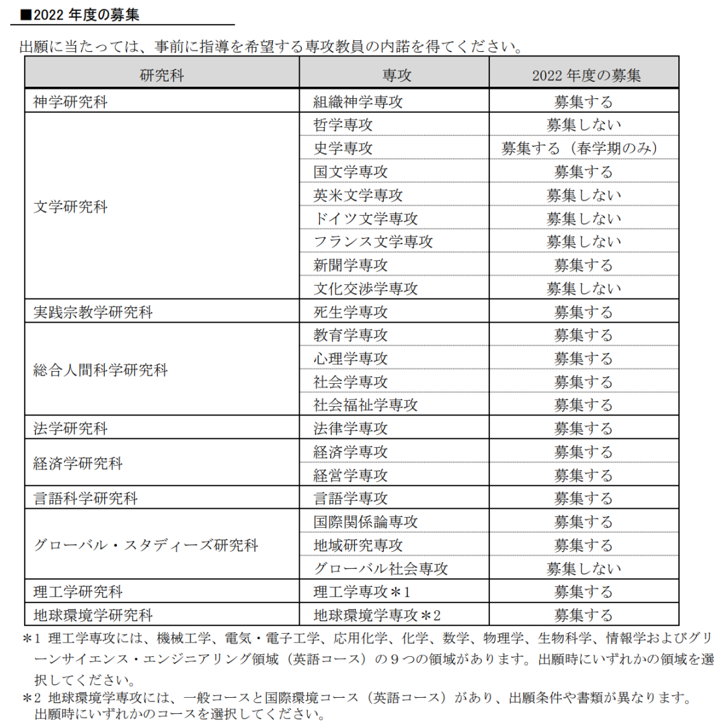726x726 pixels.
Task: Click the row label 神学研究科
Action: coord(71,102)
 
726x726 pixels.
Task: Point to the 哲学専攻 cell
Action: coord(343,125)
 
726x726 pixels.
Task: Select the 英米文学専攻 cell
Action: coord(358,195)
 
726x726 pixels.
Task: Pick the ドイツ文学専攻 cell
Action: coord(365,218)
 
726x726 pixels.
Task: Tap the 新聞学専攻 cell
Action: coord(350,265)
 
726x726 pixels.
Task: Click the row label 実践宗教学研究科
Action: coord(93,312)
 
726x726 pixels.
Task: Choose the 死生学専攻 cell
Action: coord(350,312)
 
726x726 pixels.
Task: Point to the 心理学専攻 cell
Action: coord(350,358)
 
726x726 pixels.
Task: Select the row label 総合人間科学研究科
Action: coord(100,370)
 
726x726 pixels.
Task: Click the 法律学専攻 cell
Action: coord(350,428)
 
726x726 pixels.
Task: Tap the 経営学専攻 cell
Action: coord(350,475)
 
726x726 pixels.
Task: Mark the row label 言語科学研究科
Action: coord(85,499)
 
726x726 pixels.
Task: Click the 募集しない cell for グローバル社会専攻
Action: coord(583,569)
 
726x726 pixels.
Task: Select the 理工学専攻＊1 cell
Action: coord(361,592)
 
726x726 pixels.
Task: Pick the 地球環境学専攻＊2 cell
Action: coord(376,615)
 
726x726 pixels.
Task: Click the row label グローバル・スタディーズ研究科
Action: coord(145,545)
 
